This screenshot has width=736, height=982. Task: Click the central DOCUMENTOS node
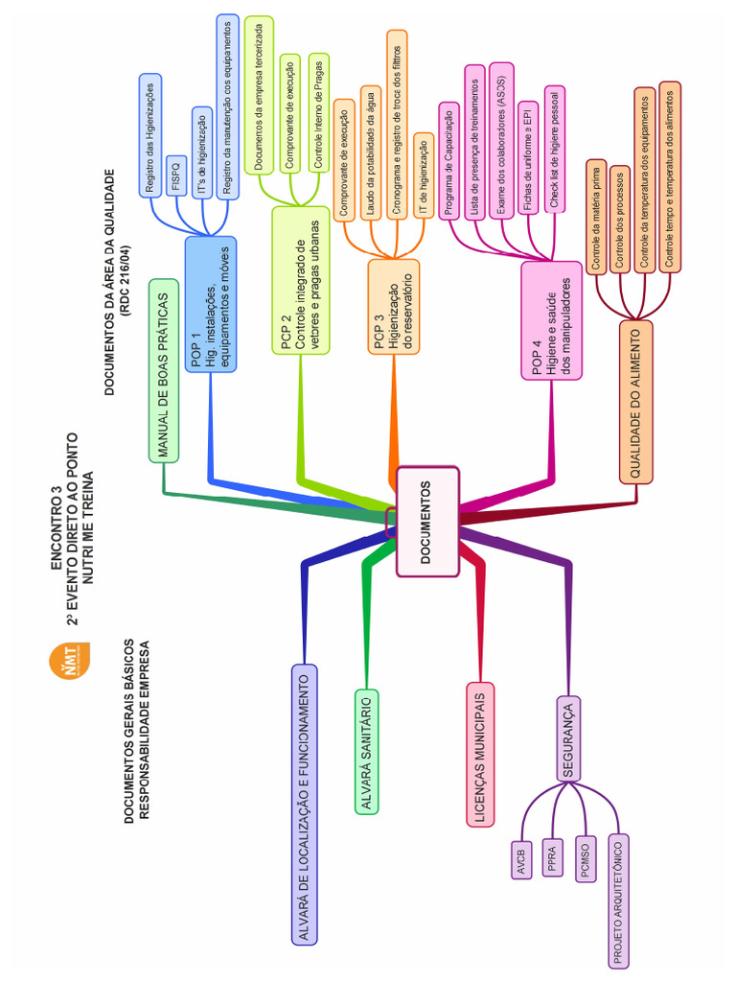click(426, 521)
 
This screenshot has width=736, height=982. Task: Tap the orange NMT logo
click(68, 663)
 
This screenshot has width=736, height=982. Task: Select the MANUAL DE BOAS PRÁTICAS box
click(164, 370)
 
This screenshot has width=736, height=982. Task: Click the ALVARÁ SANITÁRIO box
click(367, 751)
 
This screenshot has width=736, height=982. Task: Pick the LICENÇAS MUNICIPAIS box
click(479, 753)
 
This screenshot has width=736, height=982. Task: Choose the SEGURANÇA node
click(570, 738)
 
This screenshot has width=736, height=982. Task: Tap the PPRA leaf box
click(552, 856)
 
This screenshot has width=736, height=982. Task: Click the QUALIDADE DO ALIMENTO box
click(636, 400)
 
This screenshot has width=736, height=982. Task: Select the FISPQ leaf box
click(176, 175)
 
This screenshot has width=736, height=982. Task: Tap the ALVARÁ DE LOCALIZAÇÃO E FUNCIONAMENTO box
click(304, 804)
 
